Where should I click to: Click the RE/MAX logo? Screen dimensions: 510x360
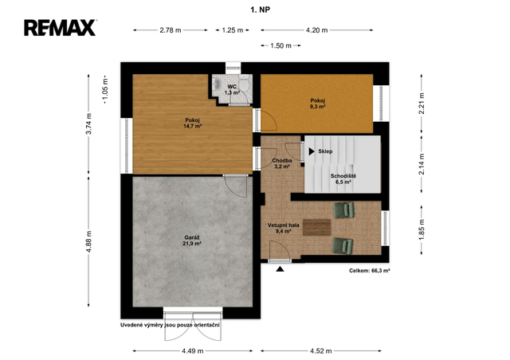(61, 28)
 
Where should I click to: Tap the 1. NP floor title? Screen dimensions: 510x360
(261, 10)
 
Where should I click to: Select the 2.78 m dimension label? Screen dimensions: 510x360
(171, 30)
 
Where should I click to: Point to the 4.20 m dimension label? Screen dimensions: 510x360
(317, 30)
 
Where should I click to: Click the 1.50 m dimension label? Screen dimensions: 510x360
(280, 46)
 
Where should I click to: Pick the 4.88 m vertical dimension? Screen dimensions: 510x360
(88, 241)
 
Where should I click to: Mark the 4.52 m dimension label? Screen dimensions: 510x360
(320, 351)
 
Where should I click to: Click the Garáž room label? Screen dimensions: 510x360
(193, 240)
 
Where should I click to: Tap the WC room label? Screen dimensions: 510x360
(232, 89)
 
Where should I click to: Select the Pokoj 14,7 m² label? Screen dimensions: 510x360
(193, 123)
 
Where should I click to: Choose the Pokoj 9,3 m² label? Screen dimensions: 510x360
(318, 104)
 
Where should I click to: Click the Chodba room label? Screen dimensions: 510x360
(282, 163)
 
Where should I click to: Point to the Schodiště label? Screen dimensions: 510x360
(343, 179)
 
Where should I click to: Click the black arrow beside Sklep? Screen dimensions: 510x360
(312, 151)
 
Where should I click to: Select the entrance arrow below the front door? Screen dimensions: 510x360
(280, 269)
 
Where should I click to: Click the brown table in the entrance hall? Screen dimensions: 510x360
(317, 227)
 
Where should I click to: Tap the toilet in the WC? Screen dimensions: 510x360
(244, 84)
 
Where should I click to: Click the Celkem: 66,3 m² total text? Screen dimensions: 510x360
(370, 271)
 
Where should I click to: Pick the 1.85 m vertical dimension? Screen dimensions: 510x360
(422, 229)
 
